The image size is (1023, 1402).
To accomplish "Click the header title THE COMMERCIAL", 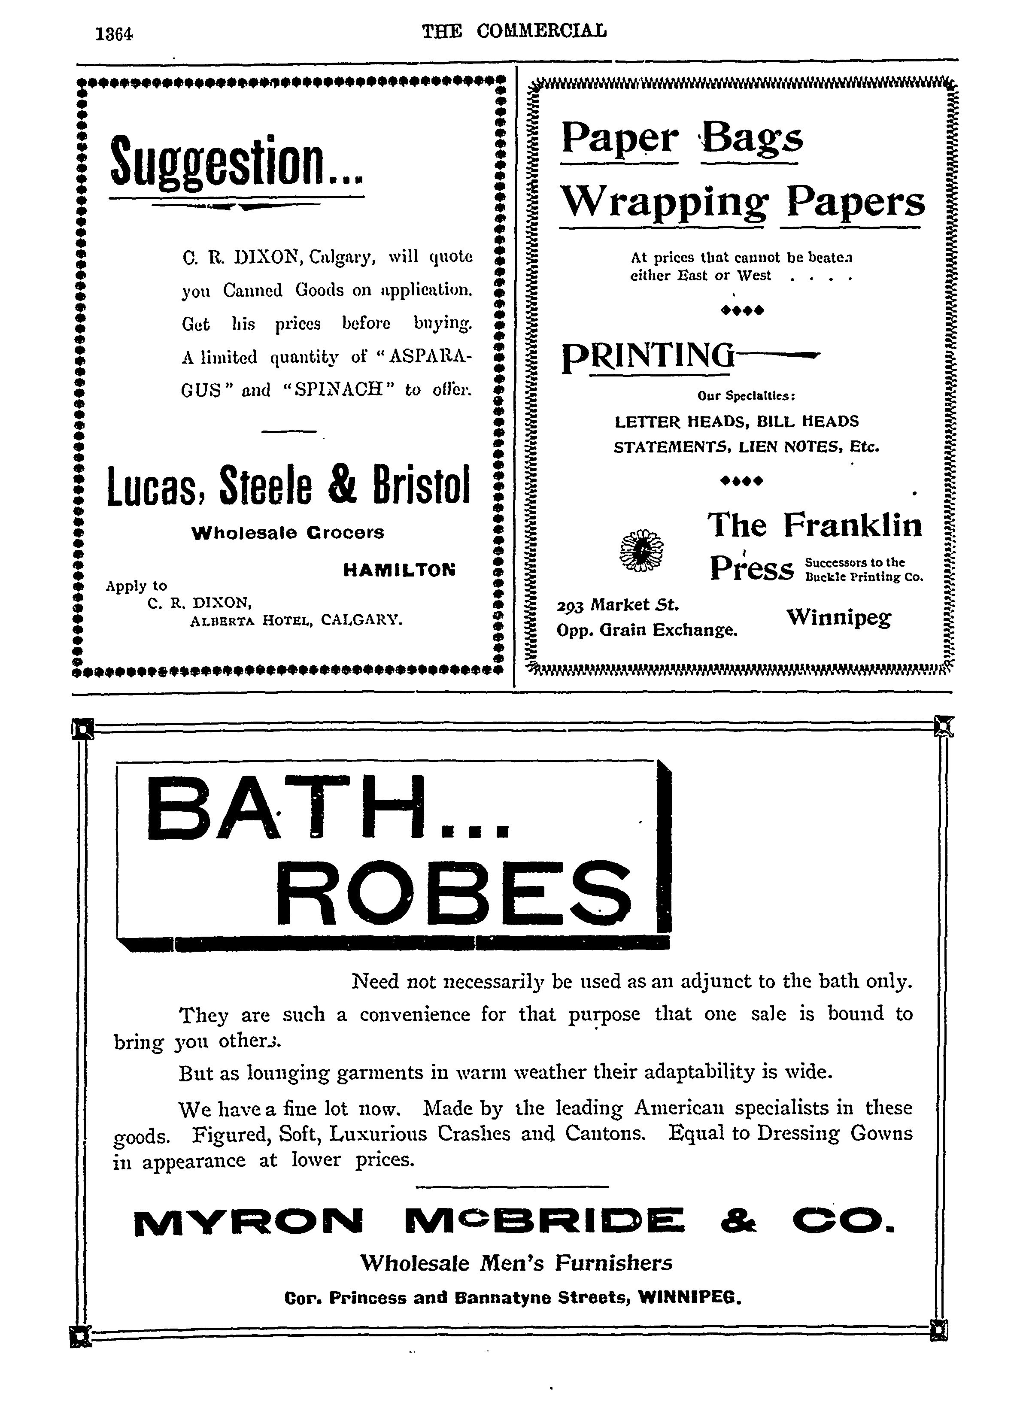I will click(514, 31).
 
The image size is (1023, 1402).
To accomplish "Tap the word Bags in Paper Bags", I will click(752, 137).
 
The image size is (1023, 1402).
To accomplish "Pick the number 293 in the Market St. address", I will click(571, 605).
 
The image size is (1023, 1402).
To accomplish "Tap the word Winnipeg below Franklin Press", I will click(839, 617).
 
